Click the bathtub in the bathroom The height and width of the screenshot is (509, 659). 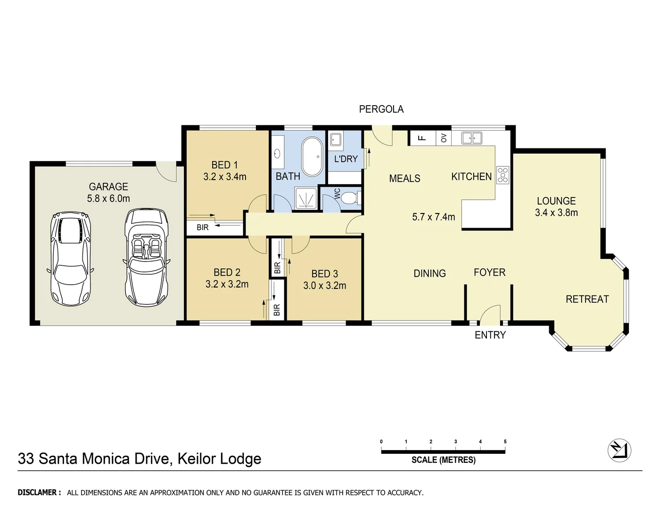311,156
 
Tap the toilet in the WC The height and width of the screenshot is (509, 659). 349,198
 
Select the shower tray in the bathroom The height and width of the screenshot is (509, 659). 306,198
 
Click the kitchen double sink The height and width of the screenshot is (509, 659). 471,138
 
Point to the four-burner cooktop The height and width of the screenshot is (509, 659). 502,174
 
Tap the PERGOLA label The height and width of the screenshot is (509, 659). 381,109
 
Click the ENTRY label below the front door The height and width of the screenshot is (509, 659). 490,335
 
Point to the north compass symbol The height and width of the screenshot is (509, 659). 619,450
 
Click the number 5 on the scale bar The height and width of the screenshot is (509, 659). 505,442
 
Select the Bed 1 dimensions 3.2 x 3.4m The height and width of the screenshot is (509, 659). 225,177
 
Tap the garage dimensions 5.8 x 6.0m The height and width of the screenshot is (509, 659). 108,198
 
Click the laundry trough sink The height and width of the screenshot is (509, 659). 336,139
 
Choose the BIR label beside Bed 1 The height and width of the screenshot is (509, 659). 203,228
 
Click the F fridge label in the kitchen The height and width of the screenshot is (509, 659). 422,138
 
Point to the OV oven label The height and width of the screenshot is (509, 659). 444,138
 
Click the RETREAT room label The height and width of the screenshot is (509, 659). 587,299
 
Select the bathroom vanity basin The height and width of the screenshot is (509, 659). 277,153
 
